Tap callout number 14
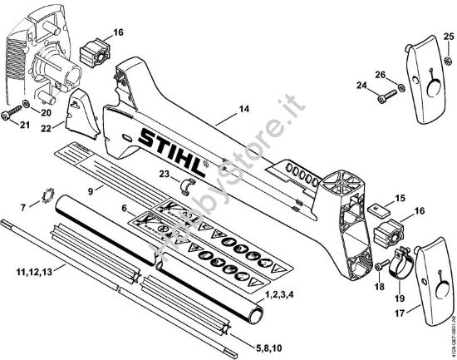point(243,109)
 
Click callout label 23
point(164,174)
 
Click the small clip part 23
point(189,183)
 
